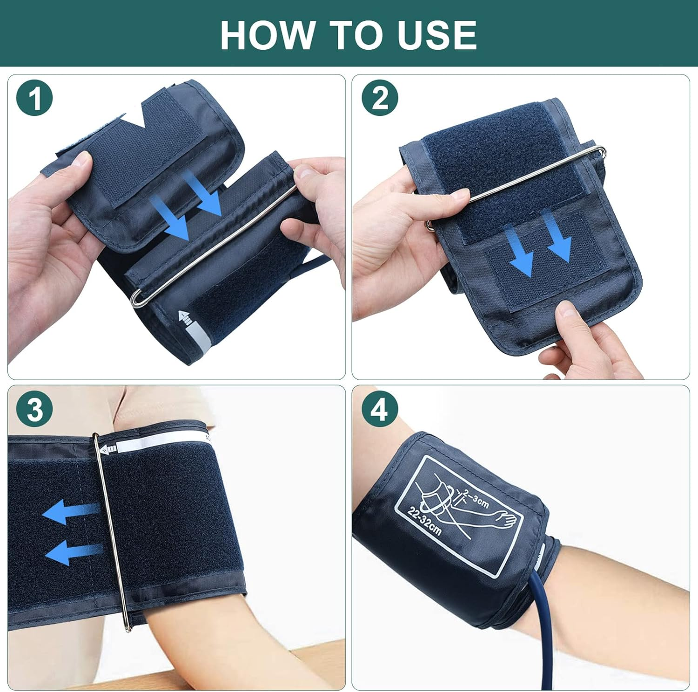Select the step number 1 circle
(34, 98)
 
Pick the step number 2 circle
(380, 98)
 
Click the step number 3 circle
(34, 410)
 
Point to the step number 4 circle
(380, 410)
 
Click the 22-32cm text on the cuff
(424, 522)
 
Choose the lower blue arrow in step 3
(72, 552)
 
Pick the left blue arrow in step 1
(172, 217)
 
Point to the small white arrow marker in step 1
(186, 318)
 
